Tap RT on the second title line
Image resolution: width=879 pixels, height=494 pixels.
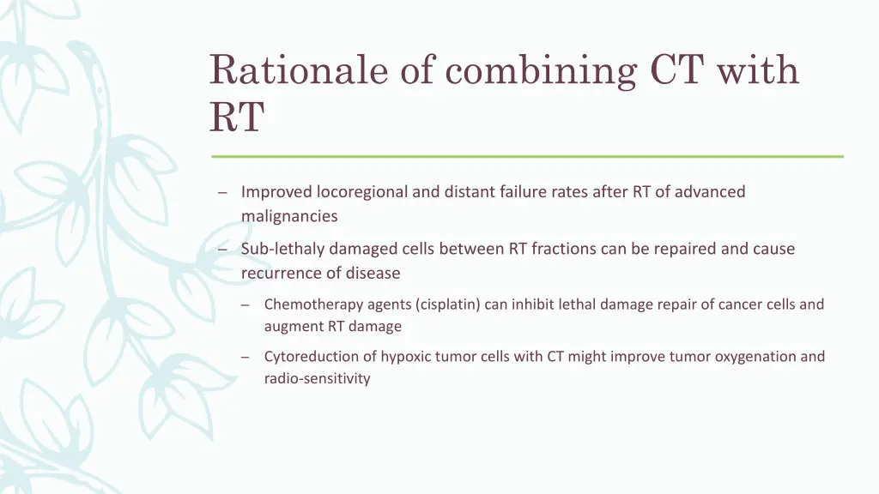pos(236,117)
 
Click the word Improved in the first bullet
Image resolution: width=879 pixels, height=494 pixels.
pos(276,192)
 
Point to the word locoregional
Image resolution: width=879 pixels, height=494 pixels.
pos(361,192)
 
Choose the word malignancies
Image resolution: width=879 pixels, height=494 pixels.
pos(289,216)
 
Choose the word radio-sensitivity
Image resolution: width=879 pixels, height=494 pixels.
pos(317,378)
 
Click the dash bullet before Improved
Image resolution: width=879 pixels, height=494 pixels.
pos(221,193)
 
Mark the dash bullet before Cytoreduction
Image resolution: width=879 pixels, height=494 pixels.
pos(246,358)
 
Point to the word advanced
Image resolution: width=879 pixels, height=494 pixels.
pos(710,192)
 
